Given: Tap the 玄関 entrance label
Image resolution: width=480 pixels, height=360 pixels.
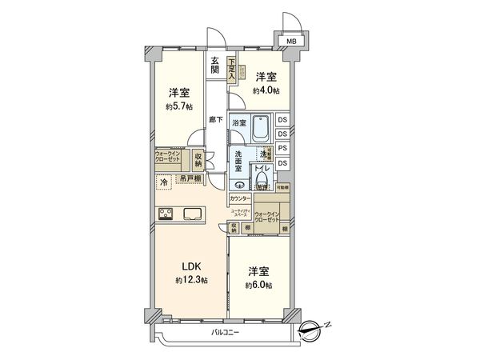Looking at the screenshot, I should pyautogui.click(x=216, y=65).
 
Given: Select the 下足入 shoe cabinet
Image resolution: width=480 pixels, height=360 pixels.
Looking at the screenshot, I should pyautogui.click(x=232, y=67).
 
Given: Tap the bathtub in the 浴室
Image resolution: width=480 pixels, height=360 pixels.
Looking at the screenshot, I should pyautogui.click(x=261, y=127).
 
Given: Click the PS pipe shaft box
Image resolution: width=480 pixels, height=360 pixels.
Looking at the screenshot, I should pyautogui.click(x=283, y=149).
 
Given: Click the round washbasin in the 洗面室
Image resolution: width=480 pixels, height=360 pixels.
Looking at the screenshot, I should pyautogui.click(x=239, y=184).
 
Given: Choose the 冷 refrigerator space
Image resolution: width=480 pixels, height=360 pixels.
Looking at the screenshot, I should pyautogui.click(x=164, y=182).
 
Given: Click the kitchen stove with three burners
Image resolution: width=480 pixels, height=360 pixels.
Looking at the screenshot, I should pyautogui.click(x=168, y=214).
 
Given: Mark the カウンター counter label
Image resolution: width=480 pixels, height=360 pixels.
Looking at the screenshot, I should pyautogui.click(x=240, y=198).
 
